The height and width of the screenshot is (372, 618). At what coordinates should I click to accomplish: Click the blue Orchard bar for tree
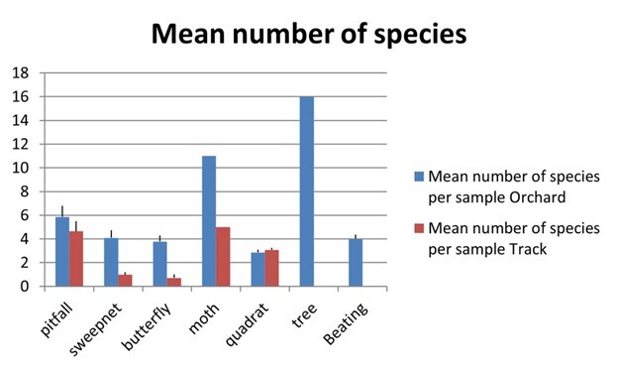(306, 191)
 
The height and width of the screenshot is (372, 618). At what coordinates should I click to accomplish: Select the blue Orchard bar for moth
(209, 221)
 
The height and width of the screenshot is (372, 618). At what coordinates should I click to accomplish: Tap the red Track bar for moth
(223, 257)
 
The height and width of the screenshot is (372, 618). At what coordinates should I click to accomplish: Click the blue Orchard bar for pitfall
(62, 252)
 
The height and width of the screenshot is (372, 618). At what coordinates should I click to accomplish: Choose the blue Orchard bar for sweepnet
(111, 263)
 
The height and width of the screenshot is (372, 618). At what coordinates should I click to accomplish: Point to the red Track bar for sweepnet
(125, 281)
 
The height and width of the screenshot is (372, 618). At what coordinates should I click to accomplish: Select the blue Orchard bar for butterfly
(159, 264)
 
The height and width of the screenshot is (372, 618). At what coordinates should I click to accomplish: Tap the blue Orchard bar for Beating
(355, 263)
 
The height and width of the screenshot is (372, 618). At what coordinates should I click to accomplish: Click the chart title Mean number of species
(308, 36)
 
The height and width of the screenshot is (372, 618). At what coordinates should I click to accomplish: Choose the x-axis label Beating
(349, 319)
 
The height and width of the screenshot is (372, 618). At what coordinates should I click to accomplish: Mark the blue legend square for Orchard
(418, 177)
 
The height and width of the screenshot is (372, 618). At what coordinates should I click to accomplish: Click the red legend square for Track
(418, 229)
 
